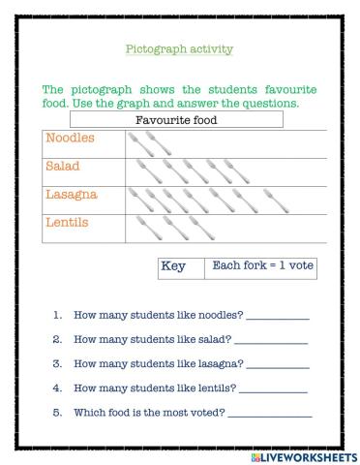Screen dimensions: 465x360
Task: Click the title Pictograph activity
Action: pos(179,47)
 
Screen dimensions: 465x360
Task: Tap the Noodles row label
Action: pos(73,139)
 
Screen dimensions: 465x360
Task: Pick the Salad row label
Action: pos(65,167)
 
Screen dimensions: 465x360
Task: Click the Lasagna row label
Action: pos(75,195)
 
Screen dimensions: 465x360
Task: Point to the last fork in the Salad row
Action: pos(255,171)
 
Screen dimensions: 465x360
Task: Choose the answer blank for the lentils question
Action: pos(272,389)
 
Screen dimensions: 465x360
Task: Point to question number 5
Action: pos(58,413)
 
